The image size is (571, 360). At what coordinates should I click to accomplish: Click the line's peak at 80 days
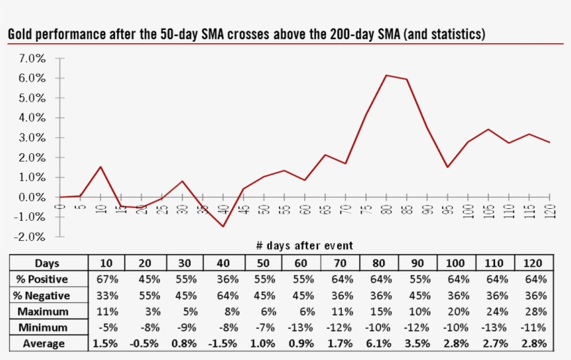pos(386,75)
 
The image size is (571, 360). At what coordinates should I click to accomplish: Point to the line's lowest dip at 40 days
pos(224,226)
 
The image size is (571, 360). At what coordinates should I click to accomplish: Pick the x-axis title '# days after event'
pos(305,245)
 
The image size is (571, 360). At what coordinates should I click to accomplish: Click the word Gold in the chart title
pos(21,34)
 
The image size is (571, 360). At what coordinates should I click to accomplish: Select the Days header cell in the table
pos(47,263)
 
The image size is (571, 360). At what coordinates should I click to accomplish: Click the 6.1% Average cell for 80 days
pos(379,343)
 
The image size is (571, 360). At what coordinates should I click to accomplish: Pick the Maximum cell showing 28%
pos(533,311)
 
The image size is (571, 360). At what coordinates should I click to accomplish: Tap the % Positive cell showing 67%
pos(107,279)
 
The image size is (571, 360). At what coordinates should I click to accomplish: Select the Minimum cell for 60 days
pos(301,327)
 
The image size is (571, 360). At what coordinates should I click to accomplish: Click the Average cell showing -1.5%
pos(224,343)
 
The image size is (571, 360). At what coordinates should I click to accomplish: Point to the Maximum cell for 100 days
pos(456,311)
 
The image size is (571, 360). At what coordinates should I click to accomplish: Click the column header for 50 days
pos(263,263)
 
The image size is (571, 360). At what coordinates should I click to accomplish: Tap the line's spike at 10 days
pos(100,167)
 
